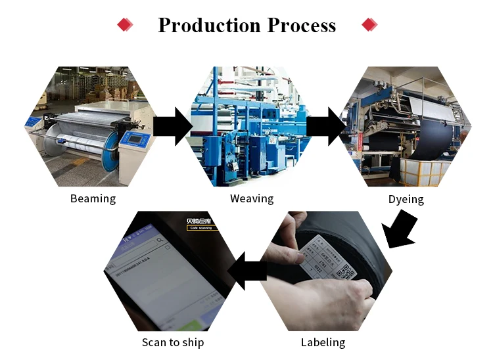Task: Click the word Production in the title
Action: (210, 26)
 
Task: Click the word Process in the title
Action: (301, 26)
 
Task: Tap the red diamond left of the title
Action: (124, 25)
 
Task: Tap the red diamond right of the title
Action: (370, 25)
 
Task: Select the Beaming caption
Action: (93, 198)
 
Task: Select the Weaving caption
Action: (252, 198)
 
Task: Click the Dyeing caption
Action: (406, 198)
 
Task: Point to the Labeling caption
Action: (323, 342)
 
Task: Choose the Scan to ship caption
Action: (173, 342)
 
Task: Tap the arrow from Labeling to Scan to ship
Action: (246, 271)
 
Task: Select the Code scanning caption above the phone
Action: (201, 228)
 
